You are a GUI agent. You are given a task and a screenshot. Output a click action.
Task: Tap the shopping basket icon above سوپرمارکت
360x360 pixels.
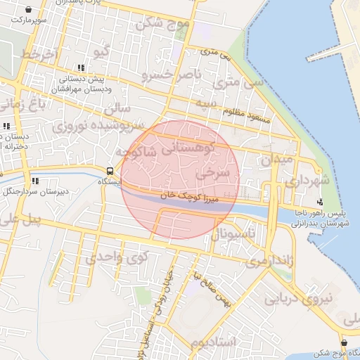[x=27, y=9]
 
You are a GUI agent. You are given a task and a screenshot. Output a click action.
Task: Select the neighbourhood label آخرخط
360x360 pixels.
[x=37, y=53]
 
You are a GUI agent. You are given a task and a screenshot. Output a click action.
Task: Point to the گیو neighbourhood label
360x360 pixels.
[x=102, y=51]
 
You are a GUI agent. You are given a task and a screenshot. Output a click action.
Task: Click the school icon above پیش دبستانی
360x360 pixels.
[x=82, y=68]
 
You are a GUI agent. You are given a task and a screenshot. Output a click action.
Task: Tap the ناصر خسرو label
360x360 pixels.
[x=172, y=73]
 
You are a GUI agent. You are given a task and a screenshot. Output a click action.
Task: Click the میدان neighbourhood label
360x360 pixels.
[x=276, y=160]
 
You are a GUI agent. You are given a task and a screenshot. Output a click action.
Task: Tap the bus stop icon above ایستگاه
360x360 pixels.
[x=110, y=171]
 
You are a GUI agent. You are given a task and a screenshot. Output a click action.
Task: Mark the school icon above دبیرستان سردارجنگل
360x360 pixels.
[x=26, y=180]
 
